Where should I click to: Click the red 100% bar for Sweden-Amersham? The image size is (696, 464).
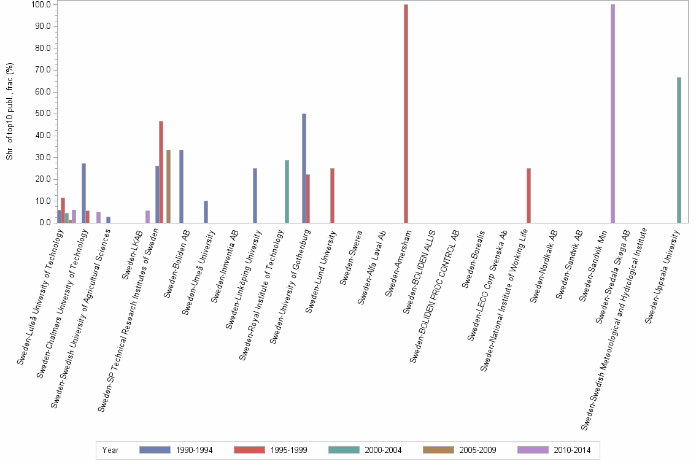click(x=406, y=114)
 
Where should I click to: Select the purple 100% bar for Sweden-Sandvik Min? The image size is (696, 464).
click(x=613, y=114)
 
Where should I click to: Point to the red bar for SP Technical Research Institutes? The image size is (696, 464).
click(x=161, y=172)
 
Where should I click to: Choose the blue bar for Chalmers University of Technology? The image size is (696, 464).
click(x=83, y=193)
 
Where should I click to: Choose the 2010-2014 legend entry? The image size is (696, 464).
click(x=553, y=450)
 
